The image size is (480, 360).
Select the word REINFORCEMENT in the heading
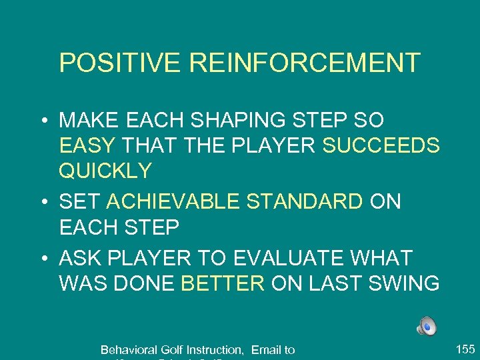(x=305, y=63)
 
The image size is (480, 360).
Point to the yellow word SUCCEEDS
(x=381, y=146)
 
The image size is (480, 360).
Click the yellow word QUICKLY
(x=105, y=171)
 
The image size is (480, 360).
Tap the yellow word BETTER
(x=223, y=283)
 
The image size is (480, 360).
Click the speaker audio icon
(x=427, y=327)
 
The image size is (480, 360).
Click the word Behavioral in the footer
(x=128, y=349)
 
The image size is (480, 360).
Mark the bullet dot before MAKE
(x=42, y=121)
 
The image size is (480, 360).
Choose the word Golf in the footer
(x=171, y=349)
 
